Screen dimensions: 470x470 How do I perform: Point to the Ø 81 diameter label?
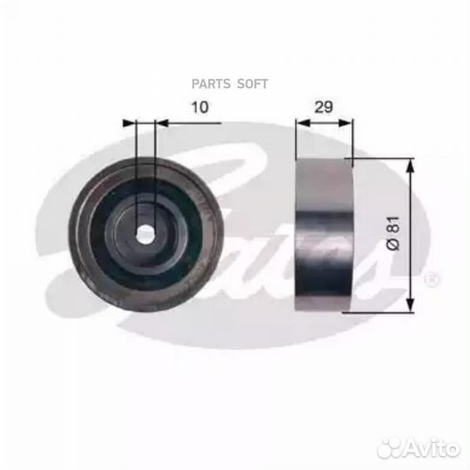pyautogui.click(x=393, y=234)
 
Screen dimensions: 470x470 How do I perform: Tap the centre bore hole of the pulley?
pyautogui.click(x=147, y=233)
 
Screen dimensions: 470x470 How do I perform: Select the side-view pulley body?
pyautogui.click(x=325, y=234)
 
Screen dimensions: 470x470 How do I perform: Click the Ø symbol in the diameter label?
pyautogui.click(x=393, y=247)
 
